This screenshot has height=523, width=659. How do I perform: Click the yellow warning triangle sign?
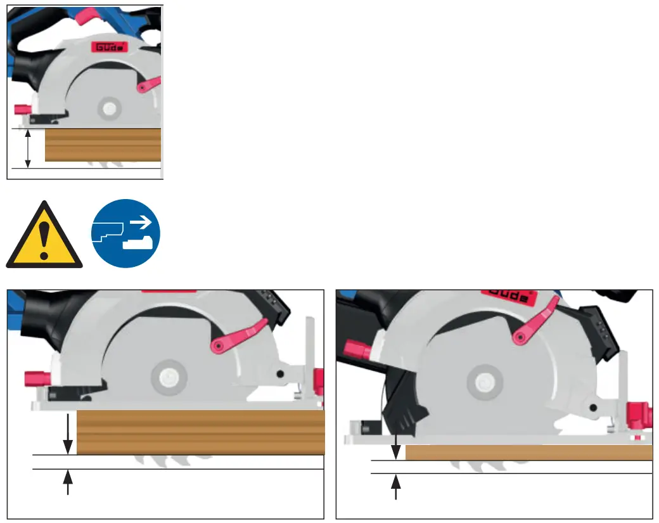coord(44,236)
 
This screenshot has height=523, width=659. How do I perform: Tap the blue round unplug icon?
coord(125,233)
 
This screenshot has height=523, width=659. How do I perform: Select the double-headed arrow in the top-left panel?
coord(27,148)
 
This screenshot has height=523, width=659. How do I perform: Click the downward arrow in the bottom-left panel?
coord(68,434)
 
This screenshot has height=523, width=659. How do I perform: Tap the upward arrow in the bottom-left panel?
coord(68,482)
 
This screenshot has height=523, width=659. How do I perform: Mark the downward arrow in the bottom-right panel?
coord(396,446)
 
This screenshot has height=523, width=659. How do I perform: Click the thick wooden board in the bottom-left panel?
coord(200,432)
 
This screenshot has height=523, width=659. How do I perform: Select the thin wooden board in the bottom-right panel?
coord(528,453)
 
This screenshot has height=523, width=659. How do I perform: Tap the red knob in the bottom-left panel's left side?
coord(37,378)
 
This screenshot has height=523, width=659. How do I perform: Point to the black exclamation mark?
coord(44,240)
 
